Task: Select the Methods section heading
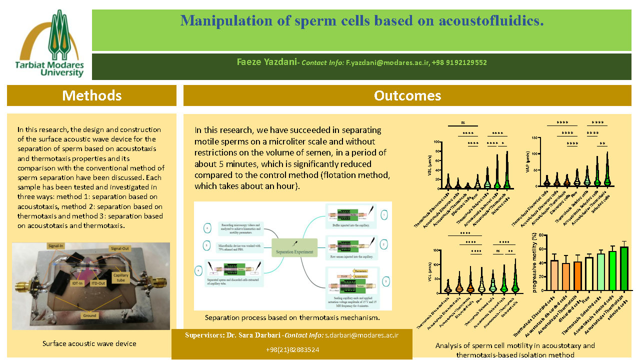91,95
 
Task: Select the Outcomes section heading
407,95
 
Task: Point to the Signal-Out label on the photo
123,248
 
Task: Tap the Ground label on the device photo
90,315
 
